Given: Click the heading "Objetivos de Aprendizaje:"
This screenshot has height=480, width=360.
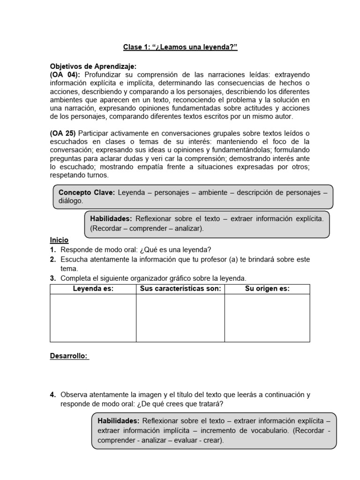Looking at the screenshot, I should (x=93, y=67).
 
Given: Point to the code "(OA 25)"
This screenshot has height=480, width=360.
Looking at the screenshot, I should (x=63, y=133).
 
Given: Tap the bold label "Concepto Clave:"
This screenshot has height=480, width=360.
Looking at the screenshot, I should (x=87, y=192).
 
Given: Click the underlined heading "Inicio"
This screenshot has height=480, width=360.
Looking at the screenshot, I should (x=59, y=240).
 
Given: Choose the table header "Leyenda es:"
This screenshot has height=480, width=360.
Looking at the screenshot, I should (x=93, y=289).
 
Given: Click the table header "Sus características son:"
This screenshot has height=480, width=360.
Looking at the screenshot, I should (x=180, y=289).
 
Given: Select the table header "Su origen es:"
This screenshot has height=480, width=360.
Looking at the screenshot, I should (x=267, y=289).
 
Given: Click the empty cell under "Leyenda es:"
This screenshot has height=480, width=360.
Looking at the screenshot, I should (x=93, y=318).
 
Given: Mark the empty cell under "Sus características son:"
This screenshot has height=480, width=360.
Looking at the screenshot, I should (x=180, y=318).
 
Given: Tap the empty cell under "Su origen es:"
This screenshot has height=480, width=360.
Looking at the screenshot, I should (x=267, y=318).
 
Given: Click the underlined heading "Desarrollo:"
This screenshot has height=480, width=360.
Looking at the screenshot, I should (x=69, y=356).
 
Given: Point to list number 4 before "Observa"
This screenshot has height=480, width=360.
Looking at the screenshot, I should (x=53, y=395).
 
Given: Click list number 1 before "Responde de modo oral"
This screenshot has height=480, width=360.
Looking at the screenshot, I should (x=53, y=250).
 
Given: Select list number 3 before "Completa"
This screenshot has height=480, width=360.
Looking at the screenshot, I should (x=53, y=278).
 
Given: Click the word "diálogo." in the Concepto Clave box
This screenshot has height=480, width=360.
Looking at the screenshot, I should (x=70, y=201).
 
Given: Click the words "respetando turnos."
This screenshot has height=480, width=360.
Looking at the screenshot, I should (x=79, y=175).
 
